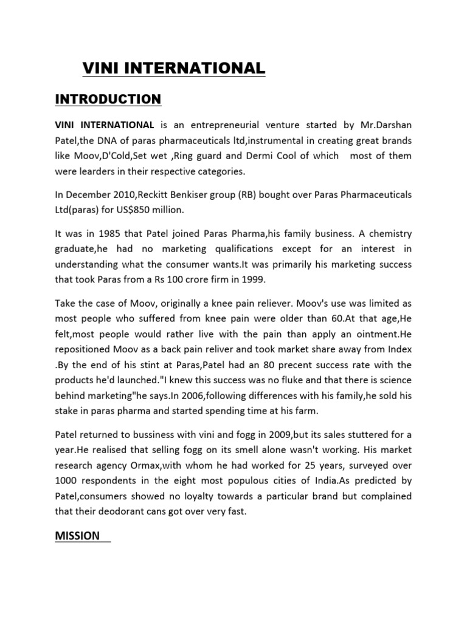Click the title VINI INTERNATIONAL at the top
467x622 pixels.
point(174,69)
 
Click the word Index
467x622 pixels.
point(397,349)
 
